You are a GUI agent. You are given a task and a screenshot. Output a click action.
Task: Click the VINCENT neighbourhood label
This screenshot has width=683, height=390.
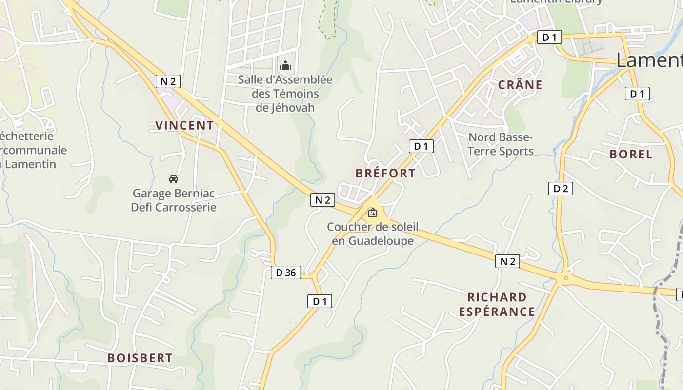tap(184, 125)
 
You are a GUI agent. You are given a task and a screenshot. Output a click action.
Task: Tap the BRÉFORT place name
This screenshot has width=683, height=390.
tap(385, 173)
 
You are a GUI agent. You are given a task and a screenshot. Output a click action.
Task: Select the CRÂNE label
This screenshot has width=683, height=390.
tap(520, 85)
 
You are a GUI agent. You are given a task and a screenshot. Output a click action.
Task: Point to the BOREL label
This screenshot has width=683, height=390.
tap(631, 155)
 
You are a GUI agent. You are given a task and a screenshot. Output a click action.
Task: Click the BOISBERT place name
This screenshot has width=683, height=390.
tap(140, 358)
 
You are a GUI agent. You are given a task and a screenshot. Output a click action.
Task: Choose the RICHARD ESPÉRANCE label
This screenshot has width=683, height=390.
tap(497, 304)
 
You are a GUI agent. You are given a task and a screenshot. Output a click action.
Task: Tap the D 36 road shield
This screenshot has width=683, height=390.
tap(286, 273)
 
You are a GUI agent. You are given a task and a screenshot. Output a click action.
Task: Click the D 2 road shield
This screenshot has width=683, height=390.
tap(561, 189)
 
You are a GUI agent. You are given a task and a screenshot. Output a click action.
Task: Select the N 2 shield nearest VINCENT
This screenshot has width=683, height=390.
tap(168, 81)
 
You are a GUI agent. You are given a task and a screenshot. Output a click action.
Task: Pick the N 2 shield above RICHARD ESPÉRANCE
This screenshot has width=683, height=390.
tap(507, 261)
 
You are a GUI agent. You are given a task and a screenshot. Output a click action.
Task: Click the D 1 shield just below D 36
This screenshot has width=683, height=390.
tap(320, 301)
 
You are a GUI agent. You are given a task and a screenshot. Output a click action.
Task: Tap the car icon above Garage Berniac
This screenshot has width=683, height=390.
tap(174, 178)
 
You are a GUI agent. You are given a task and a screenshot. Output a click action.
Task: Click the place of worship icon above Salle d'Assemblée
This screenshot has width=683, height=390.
tap(285, 65)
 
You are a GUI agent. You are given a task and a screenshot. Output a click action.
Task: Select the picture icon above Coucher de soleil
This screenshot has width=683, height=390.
tap(373, 212)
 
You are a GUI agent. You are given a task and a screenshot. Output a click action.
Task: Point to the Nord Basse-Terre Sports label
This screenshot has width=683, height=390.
tap(501, 144)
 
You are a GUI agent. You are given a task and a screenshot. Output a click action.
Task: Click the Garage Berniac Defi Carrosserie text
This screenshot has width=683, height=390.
tap(174, 200)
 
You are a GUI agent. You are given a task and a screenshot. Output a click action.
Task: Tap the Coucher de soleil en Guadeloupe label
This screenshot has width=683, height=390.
tap(373, 234)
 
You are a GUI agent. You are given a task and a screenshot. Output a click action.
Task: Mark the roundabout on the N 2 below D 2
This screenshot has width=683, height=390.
tap(565, 279)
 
